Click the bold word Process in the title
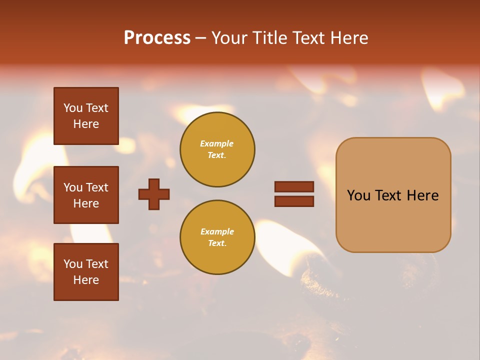click(157, 38)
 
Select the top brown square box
click(86, 116)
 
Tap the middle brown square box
click(86, 195)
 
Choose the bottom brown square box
click(86, 272)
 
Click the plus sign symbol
click(154, 194)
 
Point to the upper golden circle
click(217, 149)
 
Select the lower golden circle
click(217, 237)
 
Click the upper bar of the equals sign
click(294, 186)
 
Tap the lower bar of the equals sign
click(294, 201)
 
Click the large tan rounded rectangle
click(393, 194)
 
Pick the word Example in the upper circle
click(216, 143)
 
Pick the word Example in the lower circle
click(217, 231)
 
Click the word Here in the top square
click(86, 124)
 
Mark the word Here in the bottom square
click(86, 280)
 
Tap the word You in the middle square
click(72, 187)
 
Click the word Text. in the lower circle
click(217, 243)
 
